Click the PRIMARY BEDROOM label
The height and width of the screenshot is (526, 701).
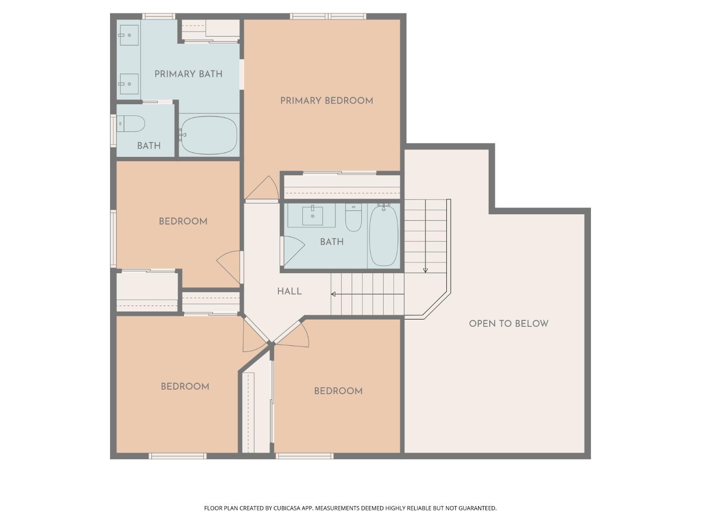click(326, 101)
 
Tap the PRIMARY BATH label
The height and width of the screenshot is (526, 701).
click(188, 74)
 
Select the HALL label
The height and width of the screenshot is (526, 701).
click(289, 291)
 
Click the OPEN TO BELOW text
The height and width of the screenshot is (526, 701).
click(508, 323)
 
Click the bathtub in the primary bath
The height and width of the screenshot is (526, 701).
click(209, 135)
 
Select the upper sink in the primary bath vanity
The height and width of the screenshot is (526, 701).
click(129, 35)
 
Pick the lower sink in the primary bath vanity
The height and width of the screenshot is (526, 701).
click(129, 84)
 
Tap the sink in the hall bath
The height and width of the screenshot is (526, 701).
click(312, 216)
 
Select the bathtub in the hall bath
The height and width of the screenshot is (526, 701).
click(384, 235)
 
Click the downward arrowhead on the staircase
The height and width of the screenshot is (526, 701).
click(425, 270)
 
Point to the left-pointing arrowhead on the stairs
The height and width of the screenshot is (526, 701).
click(333, 294)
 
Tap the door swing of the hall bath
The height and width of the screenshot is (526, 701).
click(293, 248)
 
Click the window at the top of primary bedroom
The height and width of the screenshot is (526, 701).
click(328, 17)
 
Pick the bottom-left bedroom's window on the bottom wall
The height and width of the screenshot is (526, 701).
click(177, 456)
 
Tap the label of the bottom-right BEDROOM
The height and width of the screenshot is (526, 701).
click(338, 391)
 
